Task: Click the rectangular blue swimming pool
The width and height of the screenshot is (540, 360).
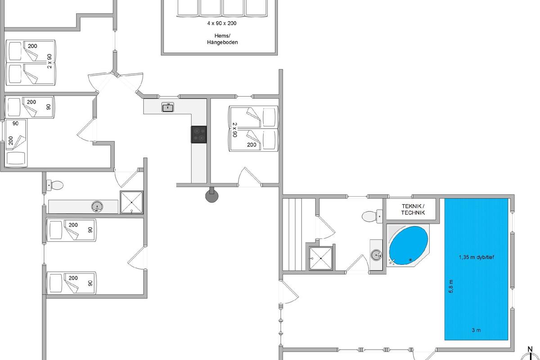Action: tap(476, 269)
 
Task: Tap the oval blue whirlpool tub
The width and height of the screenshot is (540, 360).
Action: tap(409, 245)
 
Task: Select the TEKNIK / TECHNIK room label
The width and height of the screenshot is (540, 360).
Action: tap(413, 209)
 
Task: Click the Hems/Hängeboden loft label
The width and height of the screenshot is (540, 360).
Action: tap(222, 39)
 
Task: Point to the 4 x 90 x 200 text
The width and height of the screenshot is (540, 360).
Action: tap(222, 23)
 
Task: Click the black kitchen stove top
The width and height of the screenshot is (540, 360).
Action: tap(199, 134)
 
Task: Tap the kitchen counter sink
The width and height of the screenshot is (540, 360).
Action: tap(168, 107)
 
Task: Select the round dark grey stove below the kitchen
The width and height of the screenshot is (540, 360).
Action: tap(211, 196)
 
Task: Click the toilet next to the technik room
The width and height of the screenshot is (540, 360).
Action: tap(372, 216)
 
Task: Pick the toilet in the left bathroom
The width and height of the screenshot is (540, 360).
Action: tap(54, 185)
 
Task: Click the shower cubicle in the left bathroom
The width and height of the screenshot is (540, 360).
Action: tap(131, 202)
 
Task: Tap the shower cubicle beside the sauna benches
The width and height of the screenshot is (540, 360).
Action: tap(321, 258)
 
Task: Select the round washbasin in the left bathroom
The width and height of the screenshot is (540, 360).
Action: tap(97, 207)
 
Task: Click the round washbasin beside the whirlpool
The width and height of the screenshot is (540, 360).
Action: tap(376, 255)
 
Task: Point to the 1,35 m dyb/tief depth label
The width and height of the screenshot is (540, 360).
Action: tap(477, 257)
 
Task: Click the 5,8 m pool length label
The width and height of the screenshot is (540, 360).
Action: tap(451, 286)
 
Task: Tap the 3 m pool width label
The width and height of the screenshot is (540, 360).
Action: tap(476, 330)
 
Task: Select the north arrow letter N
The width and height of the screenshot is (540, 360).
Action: tap(530, 349)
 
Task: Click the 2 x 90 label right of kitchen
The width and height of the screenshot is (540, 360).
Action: tap(235, 130)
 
